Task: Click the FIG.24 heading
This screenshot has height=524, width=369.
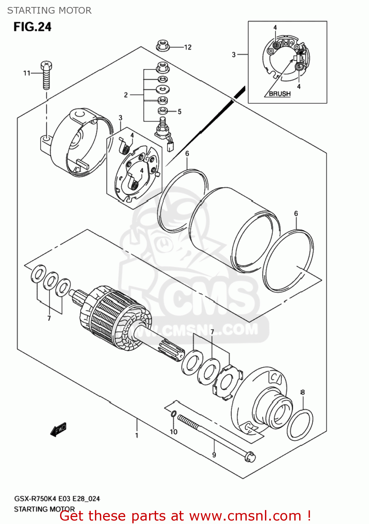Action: click(x=32, y=27)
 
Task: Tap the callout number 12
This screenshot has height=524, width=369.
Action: click(x=188, y=47)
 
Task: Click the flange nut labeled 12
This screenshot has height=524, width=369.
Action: click(x=162, y=45)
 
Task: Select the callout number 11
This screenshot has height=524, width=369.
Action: click(x=27, y=73)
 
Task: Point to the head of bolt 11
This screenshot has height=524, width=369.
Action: click(x=46, y=66)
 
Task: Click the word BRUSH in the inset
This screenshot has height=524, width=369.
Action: click(x=280, y=94)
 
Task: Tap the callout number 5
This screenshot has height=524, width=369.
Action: click(x=179, y=112)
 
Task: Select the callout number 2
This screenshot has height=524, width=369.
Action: click(x=126, y=95)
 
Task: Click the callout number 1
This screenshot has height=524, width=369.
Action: click(x=137, y=435)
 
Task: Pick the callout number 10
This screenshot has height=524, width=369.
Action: click(x=174, y=432)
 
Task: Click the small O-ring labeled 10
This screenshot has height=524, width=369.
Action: click(x=174, y=414)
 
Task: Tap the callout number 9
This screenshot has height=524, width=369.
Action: click(x=214, y=455)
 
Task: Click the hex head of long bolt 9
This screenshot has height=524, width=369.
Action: click(x=250, y=457)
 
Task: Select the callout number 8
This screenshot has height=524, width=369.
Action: click(x=303, y=392)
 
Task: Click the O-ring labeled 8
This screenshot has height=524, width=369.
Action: click(x=300, y=425)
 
